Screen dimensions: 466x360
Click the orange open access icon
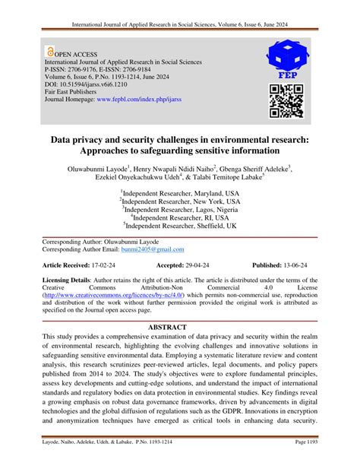[x=51, y=53]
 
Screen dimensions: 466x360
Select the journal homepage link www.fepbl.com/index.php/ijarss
[x=145, y=99]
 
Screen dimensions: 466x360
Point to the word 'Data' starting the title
[x=84, y=141]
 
